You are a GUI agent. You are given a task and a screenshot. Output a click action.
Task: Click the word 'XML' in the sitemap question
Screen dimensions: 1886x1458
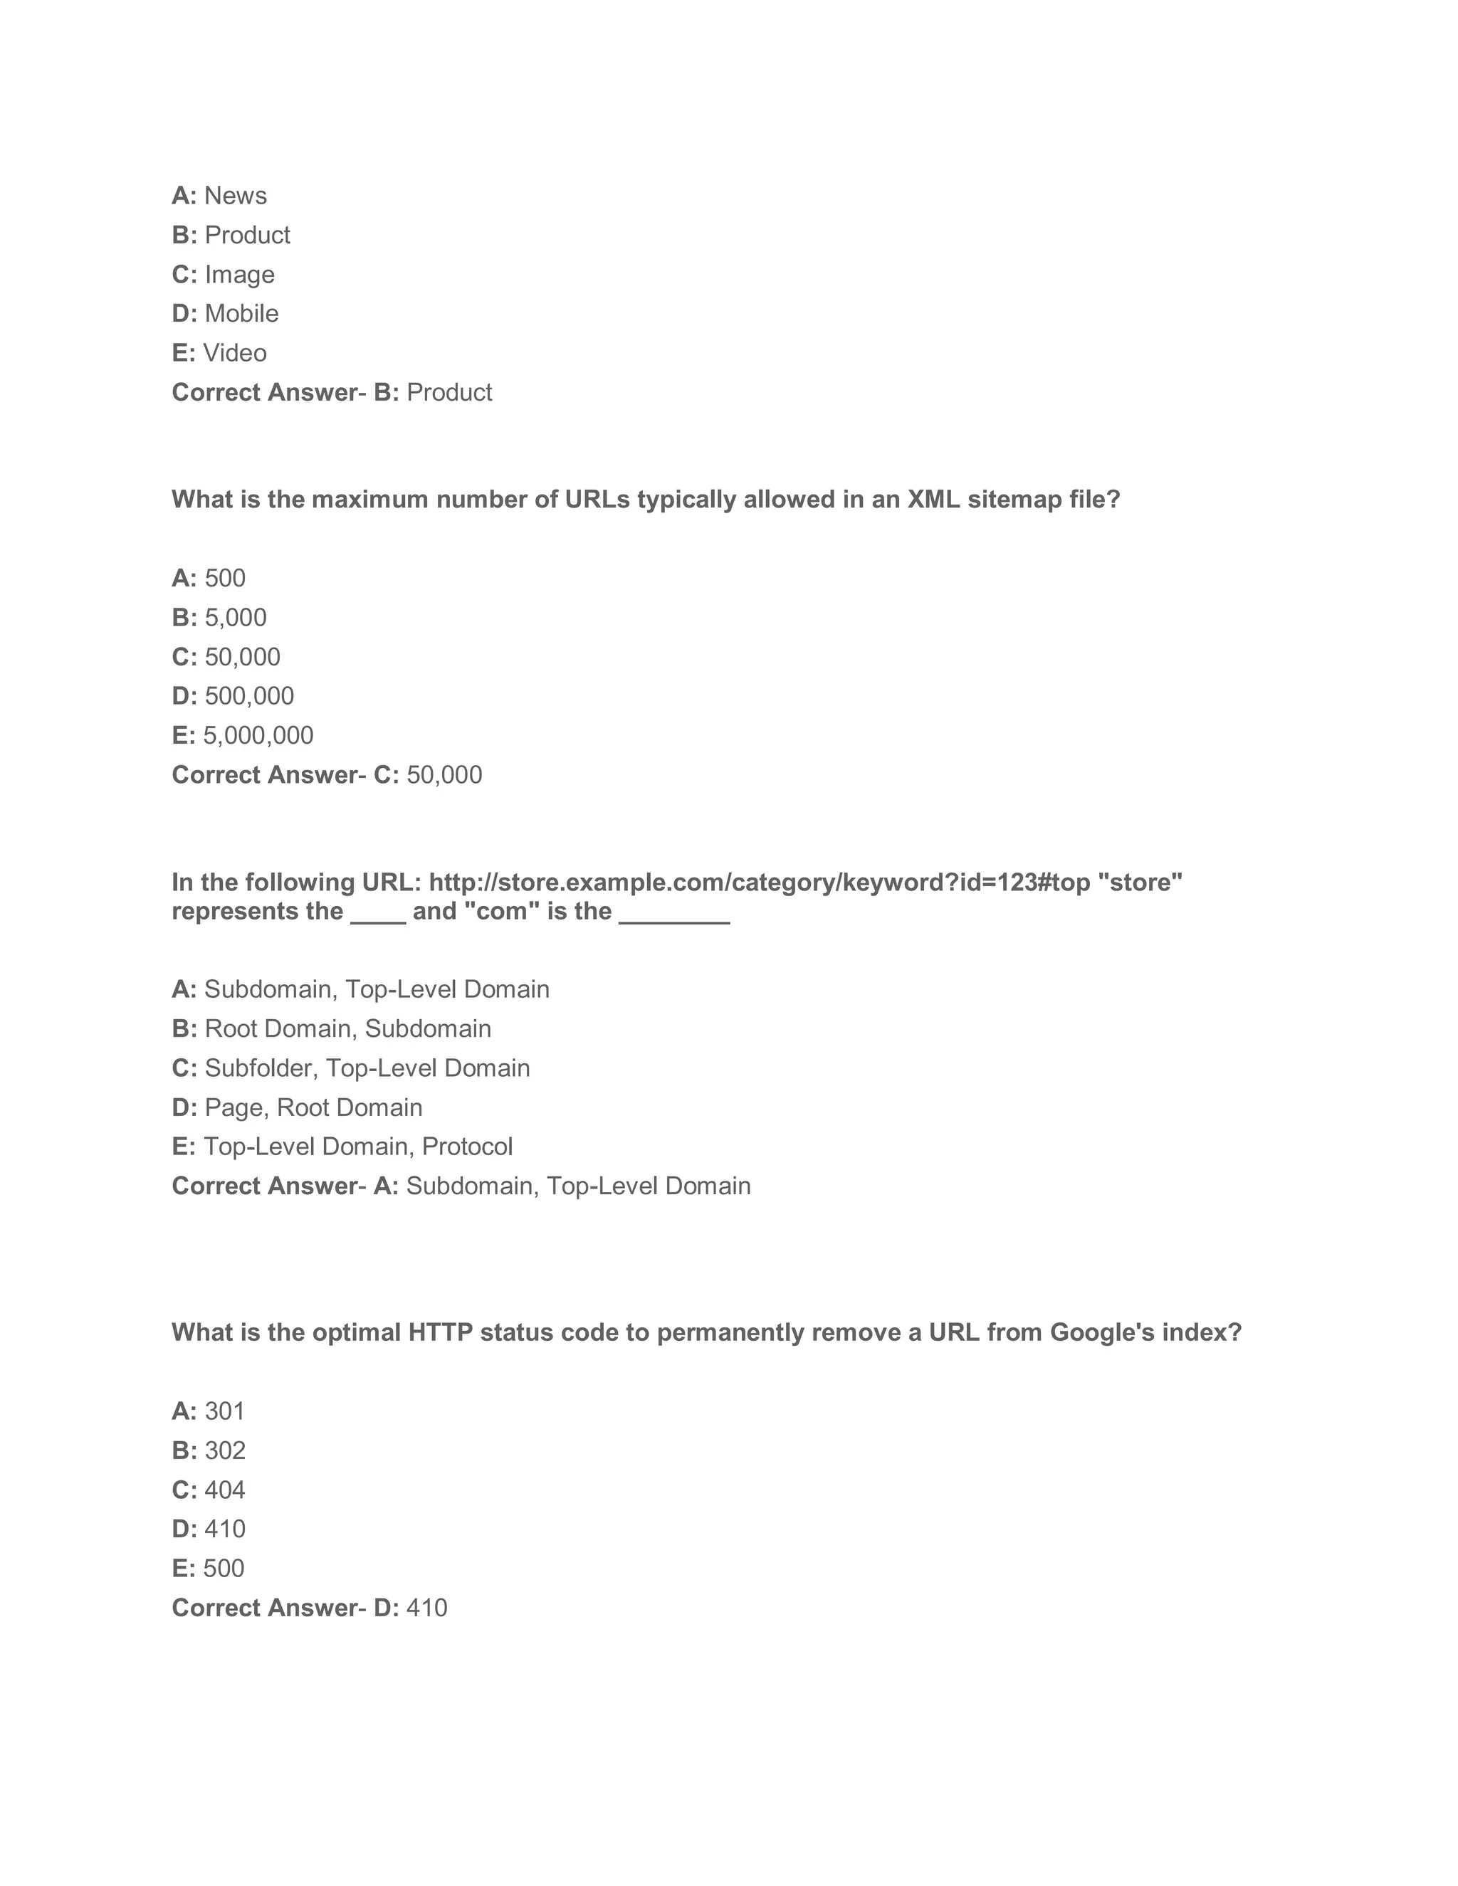tap(933, 500)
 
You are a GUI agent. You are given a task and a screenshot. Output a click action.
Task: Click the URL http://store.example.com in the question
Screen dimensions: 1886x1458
tap(760, 883)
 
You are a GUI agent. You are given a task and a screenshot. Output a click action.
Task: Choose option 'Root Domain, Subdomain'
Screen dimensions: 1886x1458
tap(347, 1028)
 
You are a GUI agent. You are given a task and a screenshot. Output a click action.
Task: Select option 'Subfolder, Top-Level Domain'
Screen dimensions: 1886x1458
tap(367, 1068)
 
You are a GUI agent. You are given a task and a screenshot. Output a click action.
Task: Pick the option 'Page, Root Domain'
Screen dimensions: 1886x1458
tap(313, 1108)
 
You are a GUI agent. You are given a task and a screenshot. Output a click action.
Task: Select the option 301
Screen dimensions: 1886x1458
tap(224, 1411)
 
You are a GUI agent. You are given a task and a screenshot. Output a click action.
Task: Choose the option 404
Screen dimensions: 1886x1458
tap(224, 1490)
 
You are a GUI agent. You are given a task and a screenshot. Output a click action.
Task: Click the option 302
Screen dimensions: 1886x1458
tap(224, 1450)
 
